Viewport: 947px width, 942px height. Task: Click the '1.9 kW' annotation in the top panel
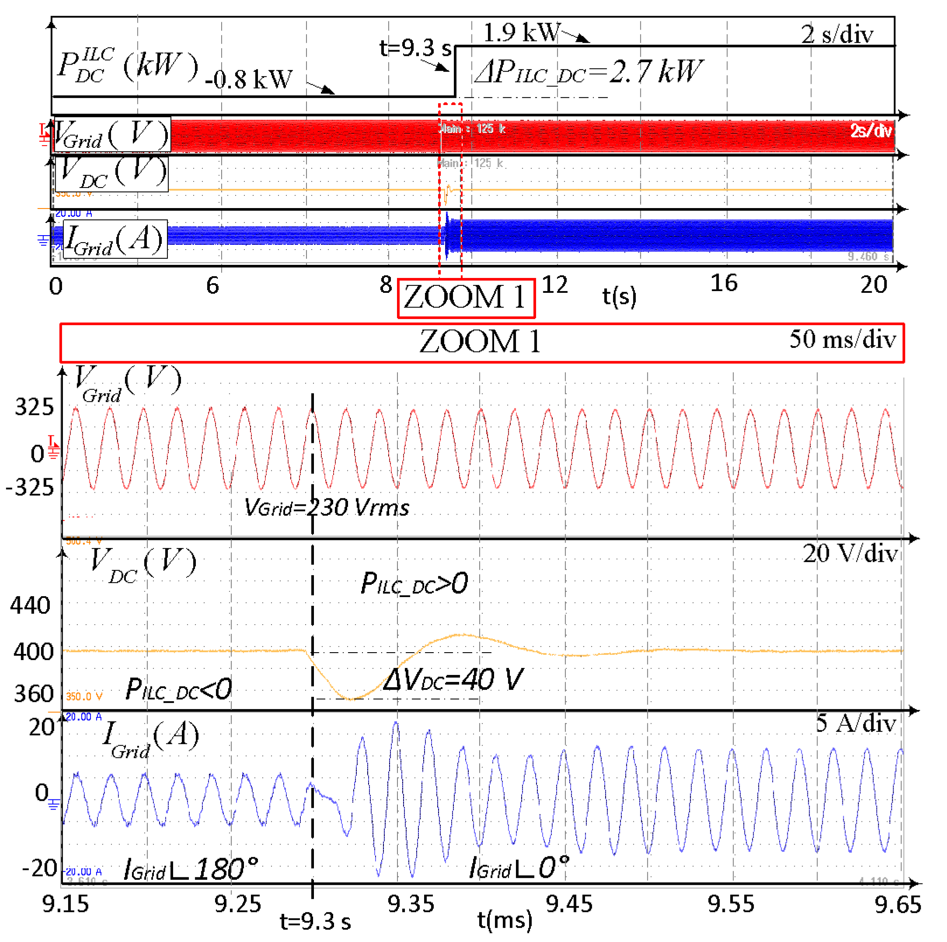(521, 32)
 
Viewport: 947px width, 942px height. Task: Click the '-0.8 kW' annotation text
(248, 79)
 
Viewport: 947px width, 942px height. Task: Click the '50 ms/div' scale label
(842, 339)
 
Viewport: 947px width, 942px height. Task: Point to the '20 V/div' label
(850, 554)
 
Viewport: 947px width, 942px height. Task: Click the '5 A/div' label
(856, 723)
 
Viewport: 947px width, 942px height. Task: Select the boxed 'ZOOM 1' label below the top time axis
(466, 298)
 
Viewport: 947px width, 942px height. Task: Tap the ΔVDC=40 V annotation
(453, 680)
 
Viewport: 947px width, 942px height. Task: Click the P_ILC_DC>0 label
(414, 584)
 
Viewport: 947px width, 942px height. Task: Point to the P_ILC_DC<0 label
(178, 689)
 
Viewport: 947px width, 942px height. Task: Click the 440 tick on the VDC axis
(31, 606)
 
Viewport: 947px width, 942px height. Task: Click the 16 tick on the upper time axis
(724, 283)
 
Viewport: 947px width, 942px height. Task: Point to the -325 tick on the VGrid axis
(29, 488)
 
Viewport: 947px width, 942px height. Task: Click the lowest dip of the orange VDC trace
(351, 699)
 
